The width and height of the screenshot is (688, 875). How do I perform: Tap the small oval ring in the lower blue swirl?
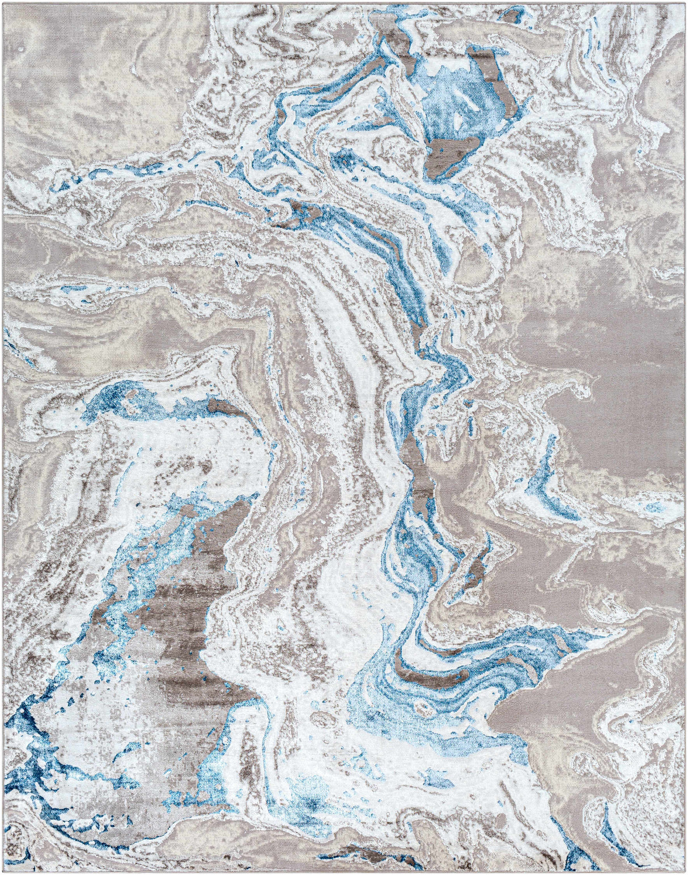point(422,707)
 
